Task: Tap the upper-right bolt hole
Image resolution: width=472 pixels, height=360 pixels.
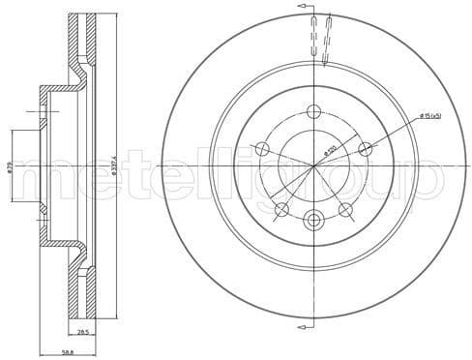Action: click(365, 148)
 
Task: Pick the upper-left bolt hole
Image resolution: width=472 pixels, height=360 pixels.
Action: click(261, 148)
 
